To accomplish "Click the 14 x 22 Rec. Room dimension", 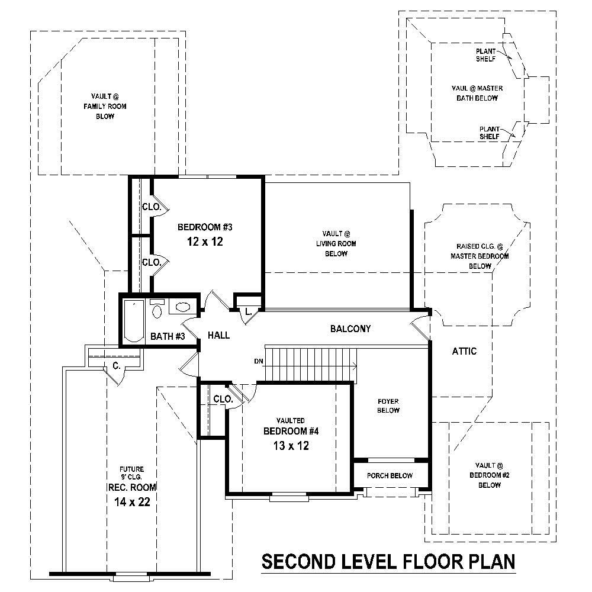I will pyautogui.click(x=132, y=502).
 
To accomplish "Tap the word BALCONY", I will pyautogui.click(x=350, y=329).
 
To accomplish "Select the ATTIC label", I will pyautogui.click(x=464, y=351).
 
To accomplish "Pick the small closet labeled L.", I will pyautogui.click(x=248, y=311).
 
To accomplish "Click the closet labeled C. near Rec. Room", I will pyautogui.click(x=117, y=366).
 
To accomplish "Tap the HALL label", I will pyautogui.click(x=218, y=336).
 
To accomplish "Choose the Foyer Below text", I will pyautogui.click(x=388, y=406).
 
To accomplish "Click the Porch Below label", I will pyautogui.click(x=389, y=475).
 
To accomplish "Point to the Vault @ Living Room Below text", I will pyautogui.click(x=336, y=243).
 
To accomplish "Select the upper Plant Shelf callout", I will pyautogui.click(x=486, y=55).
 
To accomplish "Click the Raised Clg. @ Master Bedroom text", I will pyautogui.click(x=480, y=256).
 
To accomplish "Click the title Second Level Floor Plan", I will pyautogui.click(x=388, y=561).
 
